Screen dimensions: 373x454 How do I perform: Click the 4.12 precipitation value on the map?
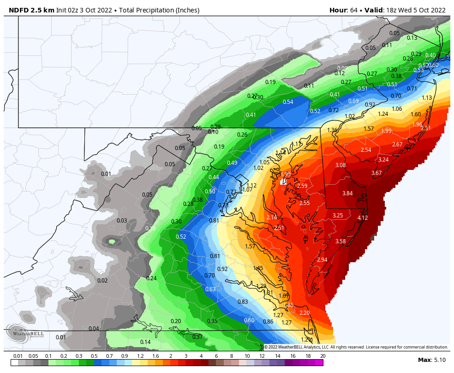coord(363,217)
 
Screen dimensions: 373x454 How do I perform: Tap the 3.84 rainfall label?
coord(347,193)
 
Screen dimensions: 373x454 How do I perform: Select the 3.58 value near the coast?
coord(340,241)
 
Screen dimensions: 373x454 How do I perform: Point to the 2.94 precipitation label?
coord(322,260)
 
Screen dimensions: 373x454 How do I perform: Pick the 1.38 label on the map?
coord(332,130)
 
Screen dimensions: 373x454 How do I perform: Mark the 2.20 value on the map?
coord(305,313)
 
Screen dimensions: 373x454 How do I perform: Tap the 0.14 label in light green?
coord(145,342)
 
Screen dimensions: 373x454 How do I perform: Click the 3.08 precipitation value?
coord(340,165)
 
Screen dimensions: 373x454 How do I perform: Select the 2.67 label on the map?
coord(397,144)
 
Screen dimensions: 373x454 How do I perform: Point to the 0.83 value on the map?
coord(243,302)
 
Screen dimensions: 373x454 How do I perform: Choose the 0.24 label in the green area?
coord(151,278)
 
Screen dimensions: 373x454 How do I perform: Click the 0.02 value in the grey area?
coord(102,281)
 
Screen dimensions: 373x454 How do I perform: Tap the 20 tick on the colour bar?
coord(323,356)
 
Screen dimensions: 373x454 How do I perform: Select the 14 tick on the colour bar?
coord(277,356)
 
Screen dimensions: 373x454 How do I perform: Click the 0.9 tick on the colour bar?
coord(125,356)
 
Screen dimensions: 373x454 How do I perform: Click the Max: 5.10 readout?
coord(431,360)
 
